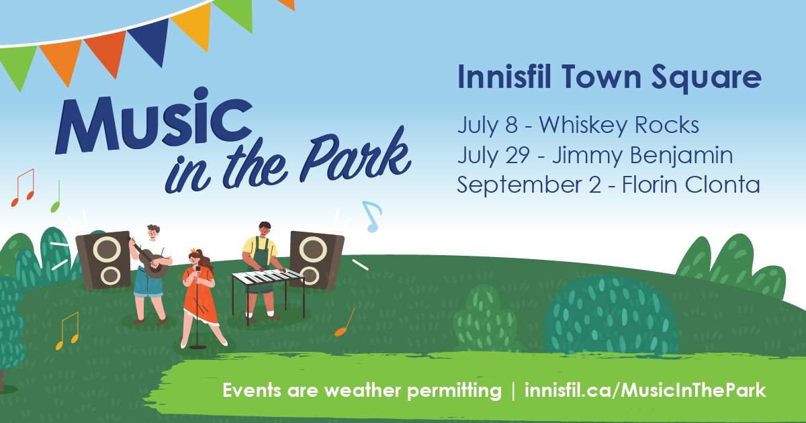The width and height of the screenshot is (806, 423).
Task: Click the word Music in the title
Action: click(x=154, y=120)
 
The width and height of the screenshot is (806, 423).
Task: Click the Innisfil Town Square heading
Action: click(x=609, y=77)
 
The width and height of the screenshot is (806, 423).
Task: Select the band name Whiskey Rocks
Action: click(x=619, y=125)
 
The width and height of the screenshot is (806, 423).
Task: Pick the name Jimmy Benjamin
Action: click(x=642, y=155)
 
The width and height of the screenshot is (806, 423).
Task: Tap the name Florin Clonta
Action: click(x=691, y=185)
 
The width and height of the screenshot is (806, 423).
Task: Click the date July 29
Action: click(x=493, y=155)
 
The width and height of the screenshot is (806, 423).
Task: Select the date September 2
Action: click(x=529, y=185)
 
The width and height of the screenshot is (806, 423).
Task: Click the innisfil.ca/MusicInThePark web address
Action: click(x=645, y=390)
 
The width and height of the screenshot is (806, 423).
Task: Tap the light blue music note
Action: click(x=372, y=216)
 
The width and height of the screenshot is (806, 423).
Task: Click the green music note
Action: click(x=56, y=196)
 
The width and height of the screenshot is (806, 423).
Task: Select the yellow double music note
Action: click(x=68, y=331)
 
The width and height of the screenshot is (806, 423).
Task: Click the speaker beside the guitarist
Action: click(x=103, y=261)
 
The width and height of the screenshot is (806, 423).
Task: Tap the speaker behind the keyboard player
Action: click(x=316, y=260)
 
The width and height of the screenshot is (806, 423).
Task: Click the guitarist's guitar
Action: click(x=151, y=260)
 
